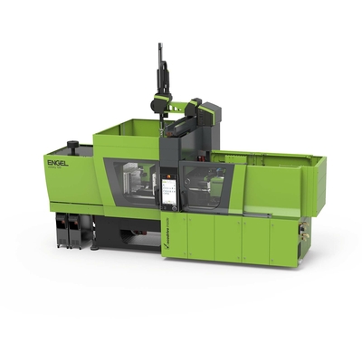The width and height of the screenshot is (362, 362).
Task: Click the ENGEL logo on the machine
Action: tap(56, 162)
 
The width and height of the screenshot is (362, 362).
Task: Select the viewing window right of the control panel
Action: tap(204, 186)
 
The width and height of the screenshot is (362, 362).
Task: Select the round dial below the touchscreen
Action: tap(169, 209)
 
